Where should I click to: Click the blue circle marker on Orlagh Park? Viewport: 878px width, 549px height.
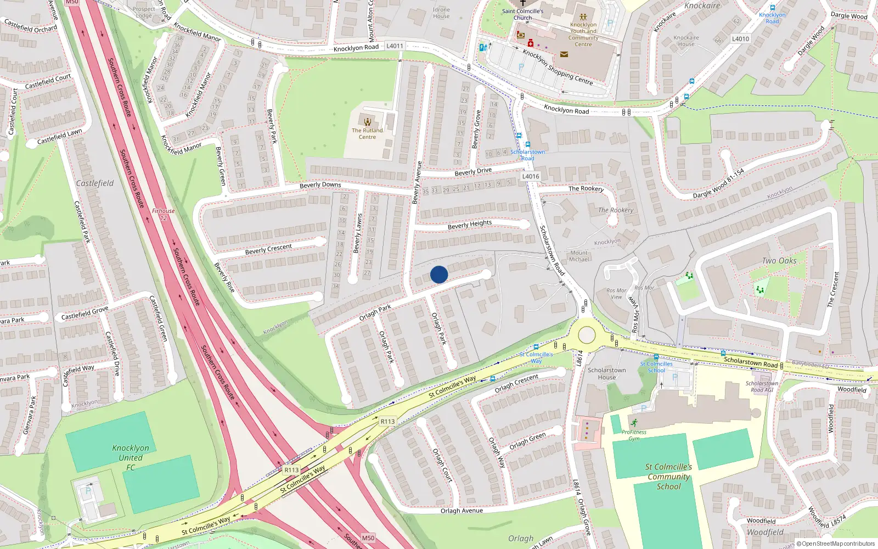(x=439, y=274)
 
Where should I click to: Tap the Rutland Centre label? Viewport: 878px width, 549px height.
(x=367, y=133)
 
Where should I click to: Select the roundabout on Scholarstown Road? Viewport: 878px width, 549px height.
(x=587, y=334)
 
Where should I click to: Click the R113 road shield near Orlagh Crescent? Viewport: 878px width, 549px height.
(x=387, y=422)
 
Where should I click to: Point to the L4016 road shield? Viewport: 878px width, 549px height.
(x=531, y=176)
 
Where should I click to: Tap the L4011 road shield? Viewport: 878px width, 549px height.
(x=395, y=46)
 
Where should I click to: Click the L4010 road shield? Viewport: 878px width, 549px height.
(x=740, y=39)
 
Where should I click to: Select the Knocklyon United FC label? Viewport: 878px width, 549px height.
(x=131, y=457)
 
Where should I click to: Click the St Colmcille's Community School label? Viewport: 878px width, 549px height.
(x=668, y=476)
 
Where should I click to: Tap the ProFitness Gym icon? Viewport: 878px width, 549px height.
(x=634, y=423)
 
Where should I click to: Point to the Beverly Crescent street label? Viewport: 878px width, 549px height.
(x=268, y=249)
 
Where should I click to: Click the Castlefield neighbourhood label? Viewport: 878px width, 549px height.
(x=95, y=183)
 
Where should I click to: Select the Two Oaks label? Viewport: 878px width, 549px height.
(x=779, y=261)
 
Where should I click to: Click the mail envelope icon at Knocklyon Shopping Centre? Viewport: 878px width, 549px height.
(x=564, y=54)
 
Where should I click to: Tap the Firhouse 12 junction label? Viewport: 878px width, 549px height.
(x=163, y=214)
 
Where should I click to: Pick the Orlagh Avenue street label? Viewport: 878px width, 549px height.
(x=461, y=511)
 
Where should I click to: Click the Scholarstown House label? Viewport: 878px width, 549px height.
(x=606, y=373)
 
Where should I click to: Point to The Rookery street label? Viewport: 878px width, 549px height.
(x=586, y=188)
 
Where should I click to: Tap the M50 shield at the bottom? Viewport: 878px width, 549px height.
(x=368, y=538)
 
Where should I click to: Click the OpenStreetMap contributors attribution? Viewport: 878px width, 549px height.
(x=835, y=544)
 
